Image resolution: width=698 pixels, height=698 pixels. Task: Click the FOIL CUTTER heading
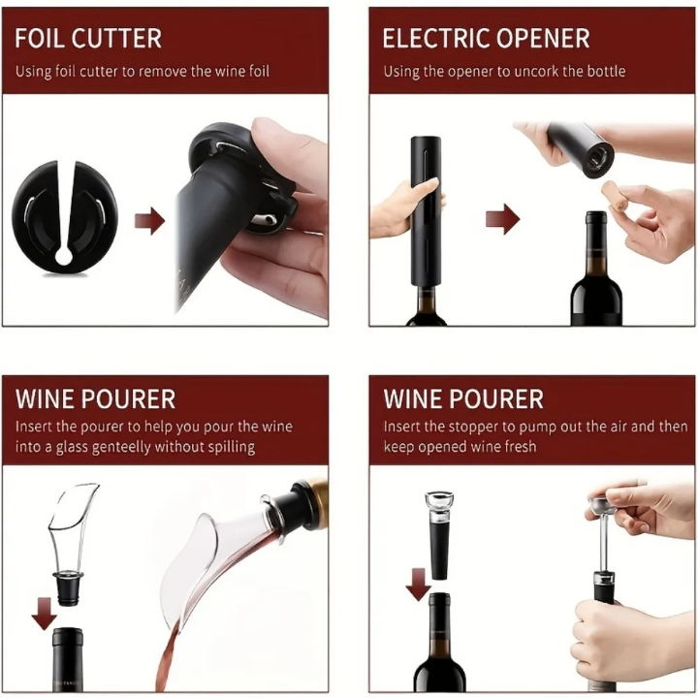click(88, 39)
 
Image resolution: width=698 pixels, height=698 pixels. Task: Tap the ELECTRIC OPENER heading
click(486, 39)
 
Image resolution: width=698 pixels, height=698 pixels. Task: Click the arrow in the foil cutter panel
click(149, 221)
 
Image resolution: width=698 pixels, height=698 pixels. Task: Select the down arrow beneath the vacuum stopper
click(418, 585)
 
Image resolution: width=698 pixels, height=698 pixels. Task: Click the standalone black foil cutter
click(63, 209)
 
